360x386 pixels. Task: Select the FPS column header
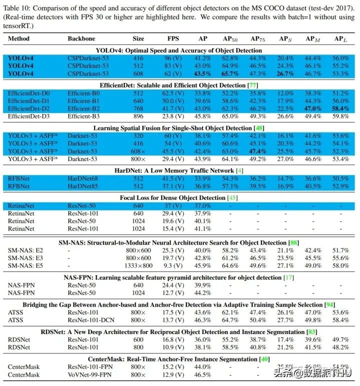173,38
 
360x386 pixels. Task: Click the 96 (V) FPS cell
173,57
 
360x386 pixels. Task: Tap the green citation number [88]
294,242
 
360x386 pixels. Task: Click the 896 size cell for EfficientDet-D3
138,115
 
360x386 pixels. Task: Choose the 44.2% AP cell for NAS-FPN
202,291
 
